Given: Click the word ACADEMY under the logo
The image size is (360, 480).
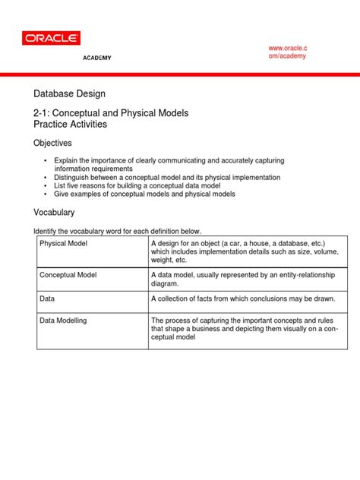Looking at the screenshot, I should click(x=96, y=58).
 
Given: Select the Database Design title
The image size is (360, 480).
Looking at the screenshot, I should click(x=74, y=94).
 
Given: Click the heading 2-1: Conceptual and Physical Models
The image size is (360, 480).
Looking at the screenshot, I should click(x=111, y=112).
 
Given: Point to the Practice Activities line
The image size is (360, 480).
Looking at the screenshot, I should click(x=70, y=124).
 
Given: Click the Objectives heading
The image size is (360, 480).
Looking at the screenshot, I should click(x=52, y=143).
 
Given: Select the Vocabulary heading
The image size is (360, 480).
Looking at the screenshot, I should click(x=55, y=213).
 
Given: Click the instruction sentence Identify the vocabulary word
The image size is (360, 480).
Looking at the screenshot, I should click(x=117, y=231).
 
